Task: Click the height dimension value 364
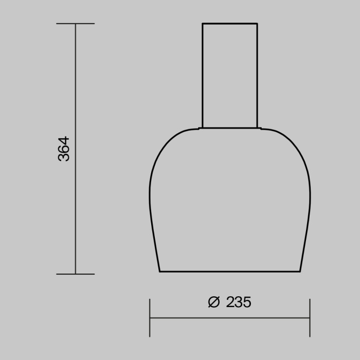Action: [x=64, y=149]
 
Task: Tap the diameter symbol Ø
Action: [x=214, y=302]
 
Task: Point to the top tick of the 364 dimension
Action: [x=76, y=24]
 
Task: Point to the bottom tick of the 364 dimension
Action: [x=76, y=274]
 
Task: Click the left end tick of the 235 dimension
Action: [x=150, y=318]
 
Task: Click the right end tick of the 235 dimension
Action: [x=310, y=318]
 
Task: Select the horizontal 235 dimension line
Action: [x=229, y=318]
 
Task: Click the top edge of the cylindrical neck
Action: [x=229, y=24]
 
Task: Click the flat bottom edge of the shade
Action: [x=229, y=271]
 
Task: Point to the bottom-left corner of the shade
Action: [x=159, y=271]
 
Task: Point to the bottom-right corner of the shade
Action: [x=300, y=271]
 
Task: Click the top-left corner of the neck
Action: [x=202, y=24]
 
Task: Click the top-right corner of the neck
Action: [x=257, y=24]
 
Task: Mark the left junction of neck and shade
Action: [x=202, y=128]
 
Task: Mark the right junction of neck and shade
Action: [x=257, y=128]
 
